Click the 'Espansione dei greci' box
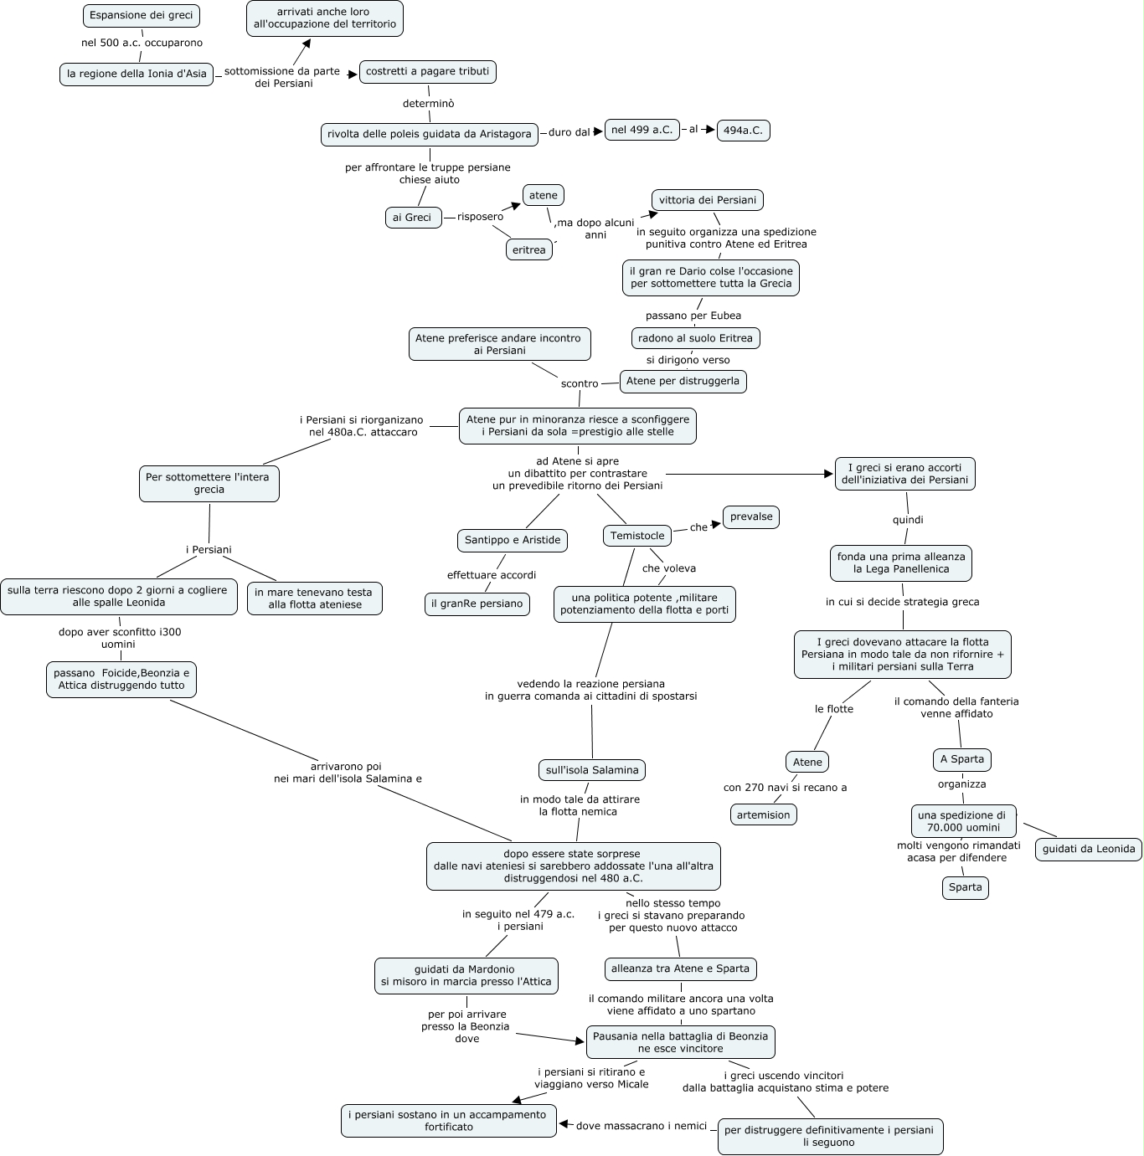tap(142, 15)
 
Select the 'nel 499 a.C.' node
tap(642, 130)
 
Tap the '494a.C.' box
tap(743, 131)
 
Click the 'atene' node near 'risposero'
tap(543, 195)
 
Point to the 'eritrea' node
tap(528, 249)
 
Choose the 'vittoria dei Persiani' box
tap(707, 200)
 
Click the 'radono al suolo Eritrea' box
tap(695, 338)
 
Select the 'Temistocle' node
tap(637, 536)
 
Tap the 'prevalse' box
tap(750, 516)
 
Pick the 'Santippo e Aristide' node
tap(513, 540)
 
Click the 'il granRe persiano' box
tap(477, 604)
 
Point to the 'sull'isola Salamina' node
tap(591, 770)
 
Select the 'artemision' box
tap(763, 814)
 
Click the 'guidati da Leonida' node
tap(1089, 849)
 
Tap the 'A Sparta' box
tap(961, 759)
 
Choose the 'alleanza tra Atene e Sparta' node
tap(680, 968)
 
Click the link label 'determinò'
tap(428, 104)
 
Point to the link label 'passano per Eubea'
tap(693, 316)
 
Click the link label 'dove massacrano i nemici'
tap(642, 1126)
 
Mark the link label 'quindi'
tap(908, 520)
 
